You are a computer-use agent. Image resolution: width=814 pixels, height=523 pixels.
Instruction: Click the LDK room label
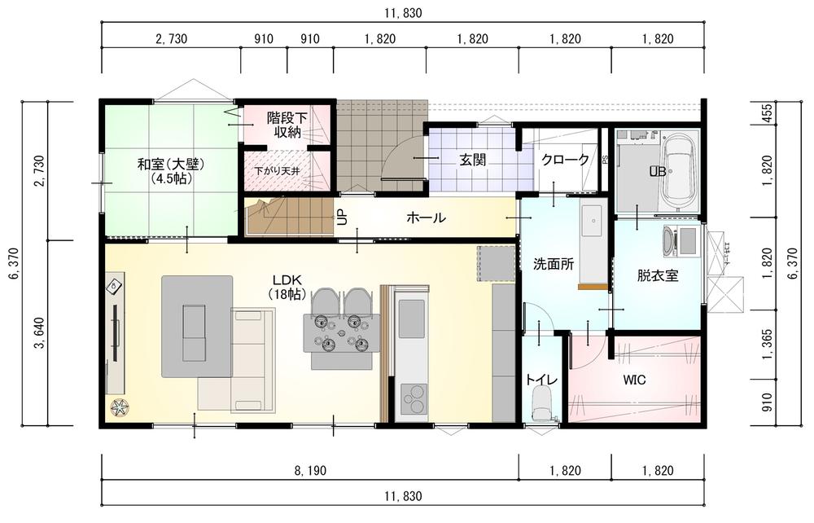pyautogui.click(x=287, y=287)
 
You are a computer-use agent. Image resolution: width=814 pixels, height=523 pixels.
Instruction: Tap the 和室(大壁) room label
pyautogui.click(x=171, y=171)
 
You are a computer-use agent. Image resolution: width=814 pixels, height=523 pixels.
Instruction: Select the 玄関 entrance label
pyautogui.click(x=472, y=160)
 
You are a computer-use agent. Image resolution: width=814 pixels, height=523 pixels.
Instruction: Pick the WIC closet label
pyautogui.click(x=634, y=380)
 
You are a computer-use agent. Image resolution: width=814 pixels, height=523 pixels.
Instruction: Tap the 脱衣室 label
pyautogui.click(x=658, y=275)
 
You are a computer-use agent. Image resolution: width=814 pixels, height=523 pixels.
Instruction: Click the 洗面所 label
pyautogui.click(x=554, y=264)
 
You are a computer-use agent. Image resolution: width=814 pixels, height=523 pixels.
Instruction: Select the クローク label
pyautogui.click(x=565, y=160)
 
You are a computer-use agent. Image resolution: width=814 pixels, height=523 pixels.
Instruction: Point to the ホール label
pyautogui.click(x=426, y=218)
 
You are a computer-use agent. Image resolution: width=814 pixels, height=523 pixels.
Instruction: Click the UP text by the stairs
pyautogui.click(x=342, y=217)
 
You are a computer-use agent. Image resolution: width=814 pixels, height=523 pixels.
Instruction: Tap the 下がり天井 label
pyautogui.click(x=277, y=170)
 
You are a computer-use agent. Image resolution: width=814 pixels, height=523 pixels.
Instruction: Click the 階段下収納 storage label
pyautogui.click(x=287, y=125)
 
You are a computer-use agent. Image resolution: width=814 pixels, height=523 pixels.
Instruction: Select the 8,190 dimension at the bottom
pyautogui.click(x=310, y=471)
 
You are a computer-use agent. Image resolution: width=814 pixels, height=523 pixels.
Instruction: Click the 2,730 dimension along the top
pyautogui.click(x=171, y=39)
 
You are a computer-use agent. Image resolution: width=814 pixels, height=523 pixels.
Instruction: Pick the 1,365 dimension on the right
pyautogui.click(x=768, y=343)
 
